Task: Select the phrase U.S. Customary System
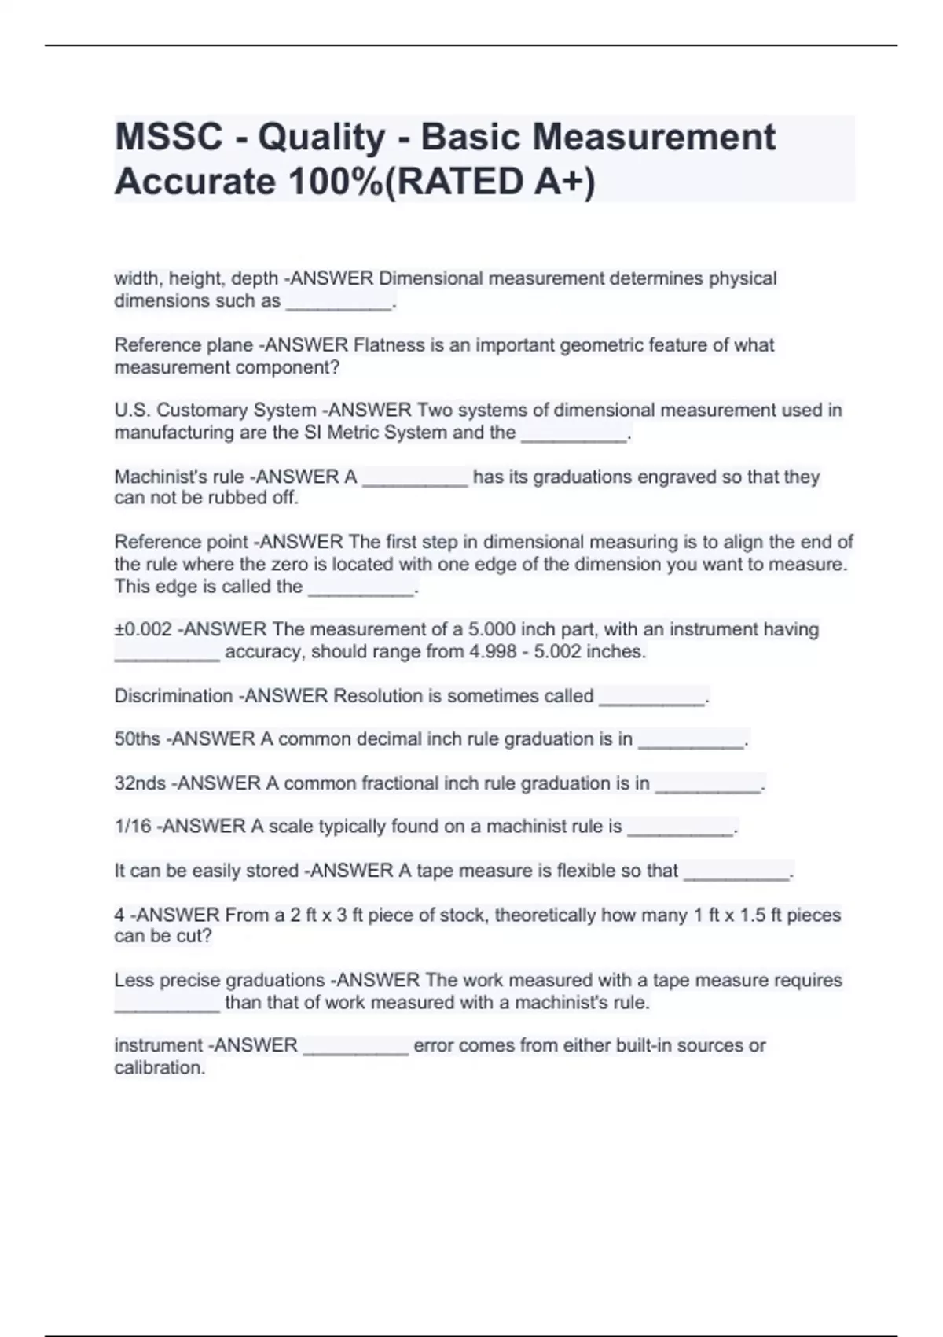pyautogui.click(x=215, y=410)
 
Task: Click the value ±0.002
pyautogui.click(x=143, y=629)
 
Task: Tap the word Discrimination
pyautogui.click(x=174, y=696)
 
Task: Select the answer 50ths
pyautogui.click(x=138, y=739)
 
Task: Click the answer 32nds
pyautogui.click(x=140, y=783)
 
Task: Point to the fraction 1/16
pyautogui.click(x=133, y=827)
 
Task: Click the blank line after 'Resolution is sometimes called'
pyautogui.click(x=652, y=700)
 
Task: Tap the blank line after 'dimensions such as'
pyautogui.click(x=339, y=305)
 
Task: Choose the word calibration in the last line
pyautogui.click(x=159, y=1068)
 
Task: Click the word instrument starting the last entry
pyautogui.click(x=158, y=1045)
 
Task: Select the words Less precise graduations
pyautogui.click(x=219, y=981)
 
